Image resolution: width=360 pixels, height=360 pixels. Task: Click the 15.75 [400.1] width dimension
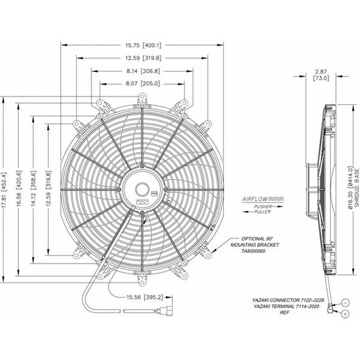tap(143, 45)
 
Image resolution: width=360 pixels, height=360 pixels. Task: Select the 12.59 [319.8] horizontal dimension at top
tap(143, 58)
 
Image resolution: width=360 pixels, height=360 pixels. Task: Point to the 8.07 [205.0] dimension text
tap(143, 84)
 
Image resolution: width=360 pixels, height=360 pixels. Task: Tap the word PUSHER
tap(255, 208)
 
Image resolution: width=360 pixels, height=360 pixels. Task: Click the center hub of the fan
tap(142, 189)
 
